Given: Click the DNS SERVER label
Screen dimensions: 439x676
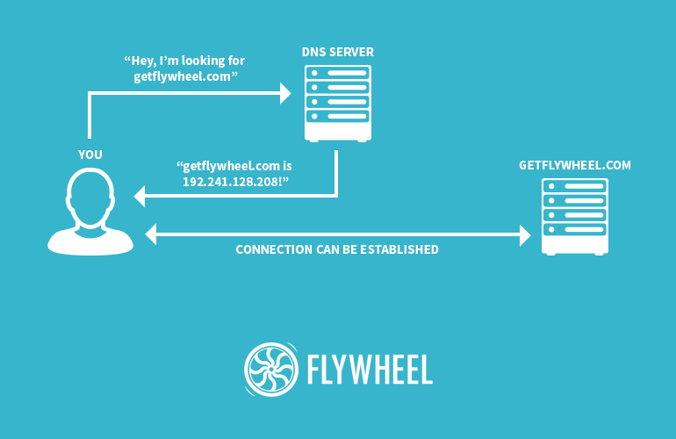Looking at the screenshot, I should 337,53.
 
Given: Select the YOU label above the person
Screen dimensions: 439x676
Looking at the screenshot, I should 90,155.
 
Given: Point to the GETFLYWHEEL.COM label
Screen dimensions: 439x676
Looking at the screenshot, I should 575,164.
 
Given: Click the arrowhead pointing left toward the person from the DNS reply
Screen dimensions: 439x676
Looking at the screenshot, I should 140,197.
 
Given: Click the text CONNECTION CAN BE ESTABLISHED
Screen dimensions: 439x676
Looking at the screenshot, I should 337,249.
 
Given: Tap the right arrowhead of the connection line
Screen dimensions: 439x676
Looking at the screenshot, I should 525,234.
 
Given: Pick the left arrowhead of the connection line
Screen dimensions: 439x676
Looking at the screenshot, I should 150,234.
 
